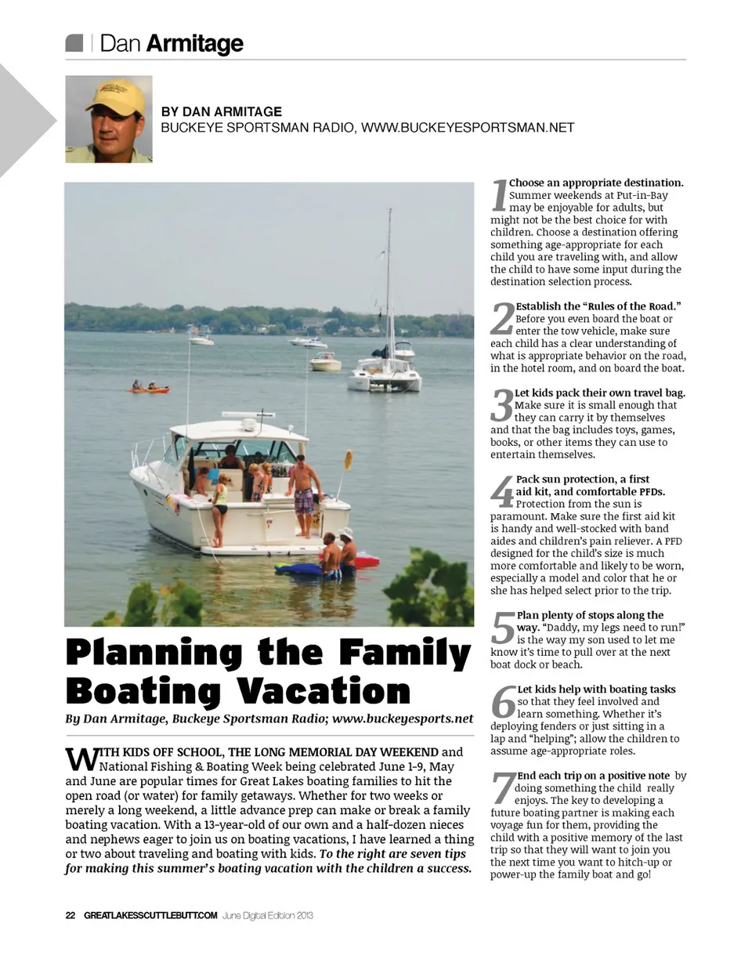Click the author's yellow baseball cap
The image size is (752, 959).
click(116, 96)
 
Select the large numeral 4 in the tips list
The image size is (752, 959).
click(501, 491)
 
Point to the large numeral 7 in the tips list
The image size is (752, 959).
click(503, 788)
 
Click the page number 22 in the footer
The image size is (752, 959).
click(70, 914)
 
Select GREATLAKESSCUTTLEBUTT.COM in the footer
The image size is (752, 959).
click(150, 914)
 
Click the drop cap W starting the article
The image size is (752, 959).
click(80, 758)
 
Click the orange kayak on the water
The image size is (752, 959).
click(149, 388)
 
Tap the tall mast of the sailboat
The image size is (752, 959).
click(389, 282)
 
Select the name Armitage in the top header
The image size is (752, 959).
click(194, 44)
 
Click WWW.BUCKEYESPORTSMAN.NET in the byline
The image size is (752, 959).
click(468, 127)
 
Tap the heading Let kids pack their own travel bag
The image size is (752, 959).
click(600, 393)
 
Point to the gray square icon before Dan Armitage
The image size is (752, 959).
click(74, 43)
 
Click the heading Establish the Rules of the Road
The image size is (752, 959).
click(598, 306)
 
